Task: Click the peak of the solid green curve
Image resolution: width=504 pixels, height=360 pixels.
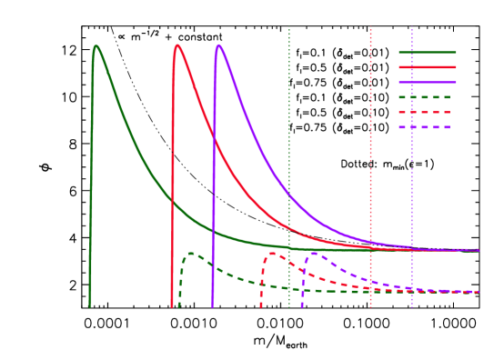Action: click(x=96, y=45)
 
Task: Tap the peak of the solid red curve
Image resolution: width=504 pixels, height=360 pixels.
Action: click(x=177, y=45)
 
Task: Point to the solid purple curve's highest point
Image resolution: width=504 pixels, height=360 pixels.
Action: click(x=218, y=45)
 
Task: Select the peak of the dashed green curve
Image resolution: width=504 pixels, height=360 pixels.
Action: click(x=190, y=254)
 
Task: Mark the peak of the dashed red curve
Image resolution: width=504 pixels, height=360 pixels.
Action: click(x=272, y=254)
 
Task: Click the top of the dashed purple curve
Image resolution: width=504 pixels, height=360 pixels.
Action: click(x=313, y=254)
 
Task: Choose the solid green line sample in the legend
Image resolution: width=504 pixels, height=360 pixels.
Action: click(x=427, y=52)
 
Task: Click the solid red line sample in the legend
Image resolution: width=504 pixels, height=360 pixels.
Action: click(x=427, y=67)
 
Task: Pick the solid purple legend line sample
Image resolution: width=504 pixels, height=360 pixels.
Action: click(x=427, y=82)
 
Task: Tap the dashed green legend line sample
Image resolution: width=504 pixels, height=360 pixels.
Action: click(x=427, y=97)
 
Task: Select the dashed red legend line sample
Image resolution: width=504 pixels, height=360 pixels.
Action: click(x=427, y=112)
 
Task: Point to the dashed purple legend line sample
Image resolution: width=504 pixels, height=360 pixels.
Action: click(x=427, y=126)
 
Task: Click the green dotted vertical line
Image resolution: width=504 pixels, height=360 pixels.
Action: click(x=289, y=164)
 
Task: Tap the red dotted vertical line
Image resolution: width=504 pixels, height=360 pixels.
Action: click(x=370, y=164)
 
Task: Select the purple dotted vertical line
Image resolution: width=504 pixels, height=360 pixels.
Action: click(x=411, y=164)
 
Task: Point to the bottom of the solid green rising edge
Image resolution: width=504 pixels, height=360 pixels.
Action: click(x=90, y=306)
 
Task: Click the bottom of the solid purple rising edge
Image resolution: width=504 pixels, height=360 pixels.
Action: click(x=213, y=306)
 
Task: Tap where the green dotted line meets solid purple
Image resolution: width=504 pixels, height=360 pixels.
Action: click(x=289, y=195)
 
